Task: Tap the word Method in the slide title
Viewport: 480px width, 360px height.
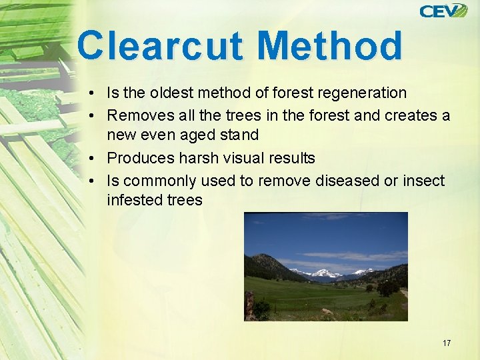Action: point(329,46)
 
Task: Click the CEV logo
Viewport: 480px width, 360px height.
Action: point(443,11)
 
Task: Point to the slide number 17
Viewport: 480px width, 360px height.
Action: point(446,343)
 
